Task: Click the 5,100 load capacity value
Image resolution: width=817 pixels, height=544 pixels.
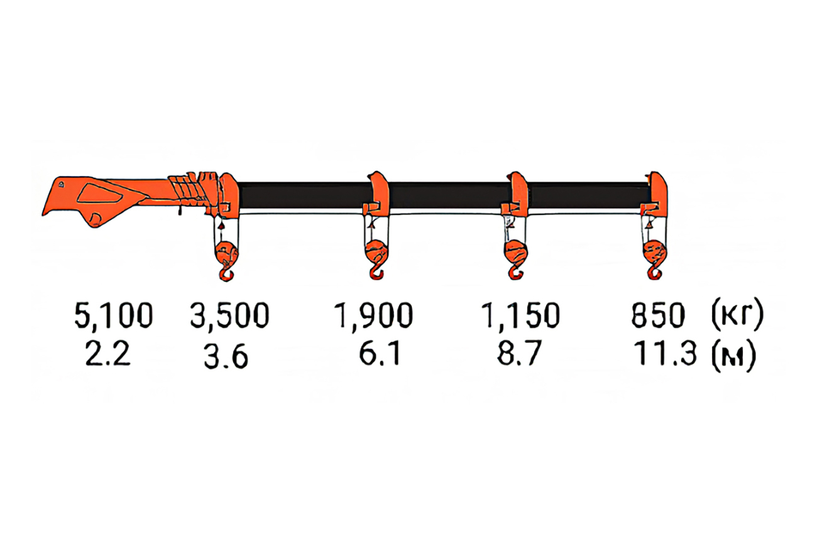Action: (x=113, y=315)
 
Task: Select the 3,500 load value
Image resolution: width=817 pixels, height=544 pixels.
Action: (x=230, y=315)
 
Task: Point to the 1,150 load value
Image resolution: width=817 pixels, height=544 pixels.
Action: (x=520, y=315)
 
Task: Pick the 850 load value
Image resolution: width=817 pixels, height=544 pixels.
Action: (x=659, y=315)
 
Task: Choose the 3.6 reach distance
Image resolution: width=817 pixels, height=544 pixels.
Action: (x=226, y=357)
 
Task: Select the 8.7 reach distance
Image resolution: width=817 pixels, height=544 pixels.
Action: (x=518, y=353)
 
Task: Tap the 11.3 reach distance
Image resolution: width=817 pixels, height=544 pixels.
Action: (x=664, y=353)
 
